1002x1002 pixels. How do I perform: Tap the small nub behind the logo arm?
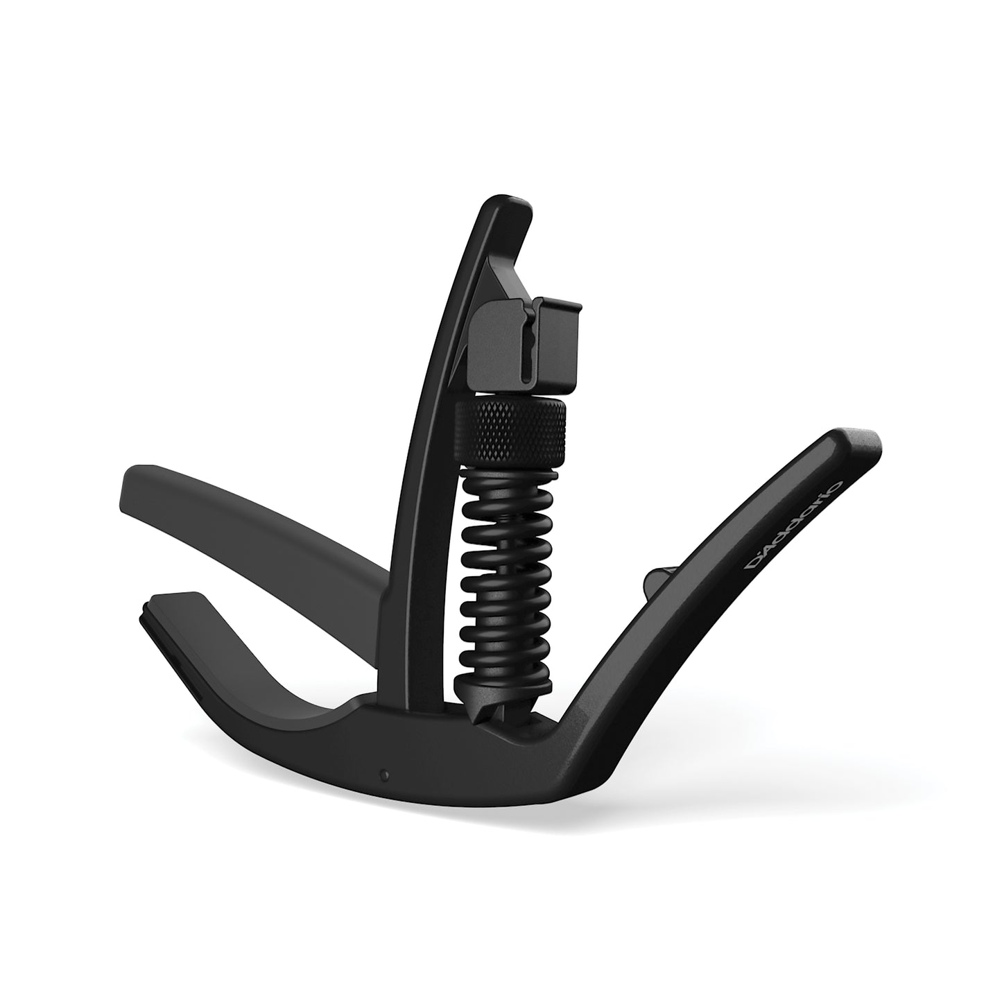656,580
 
